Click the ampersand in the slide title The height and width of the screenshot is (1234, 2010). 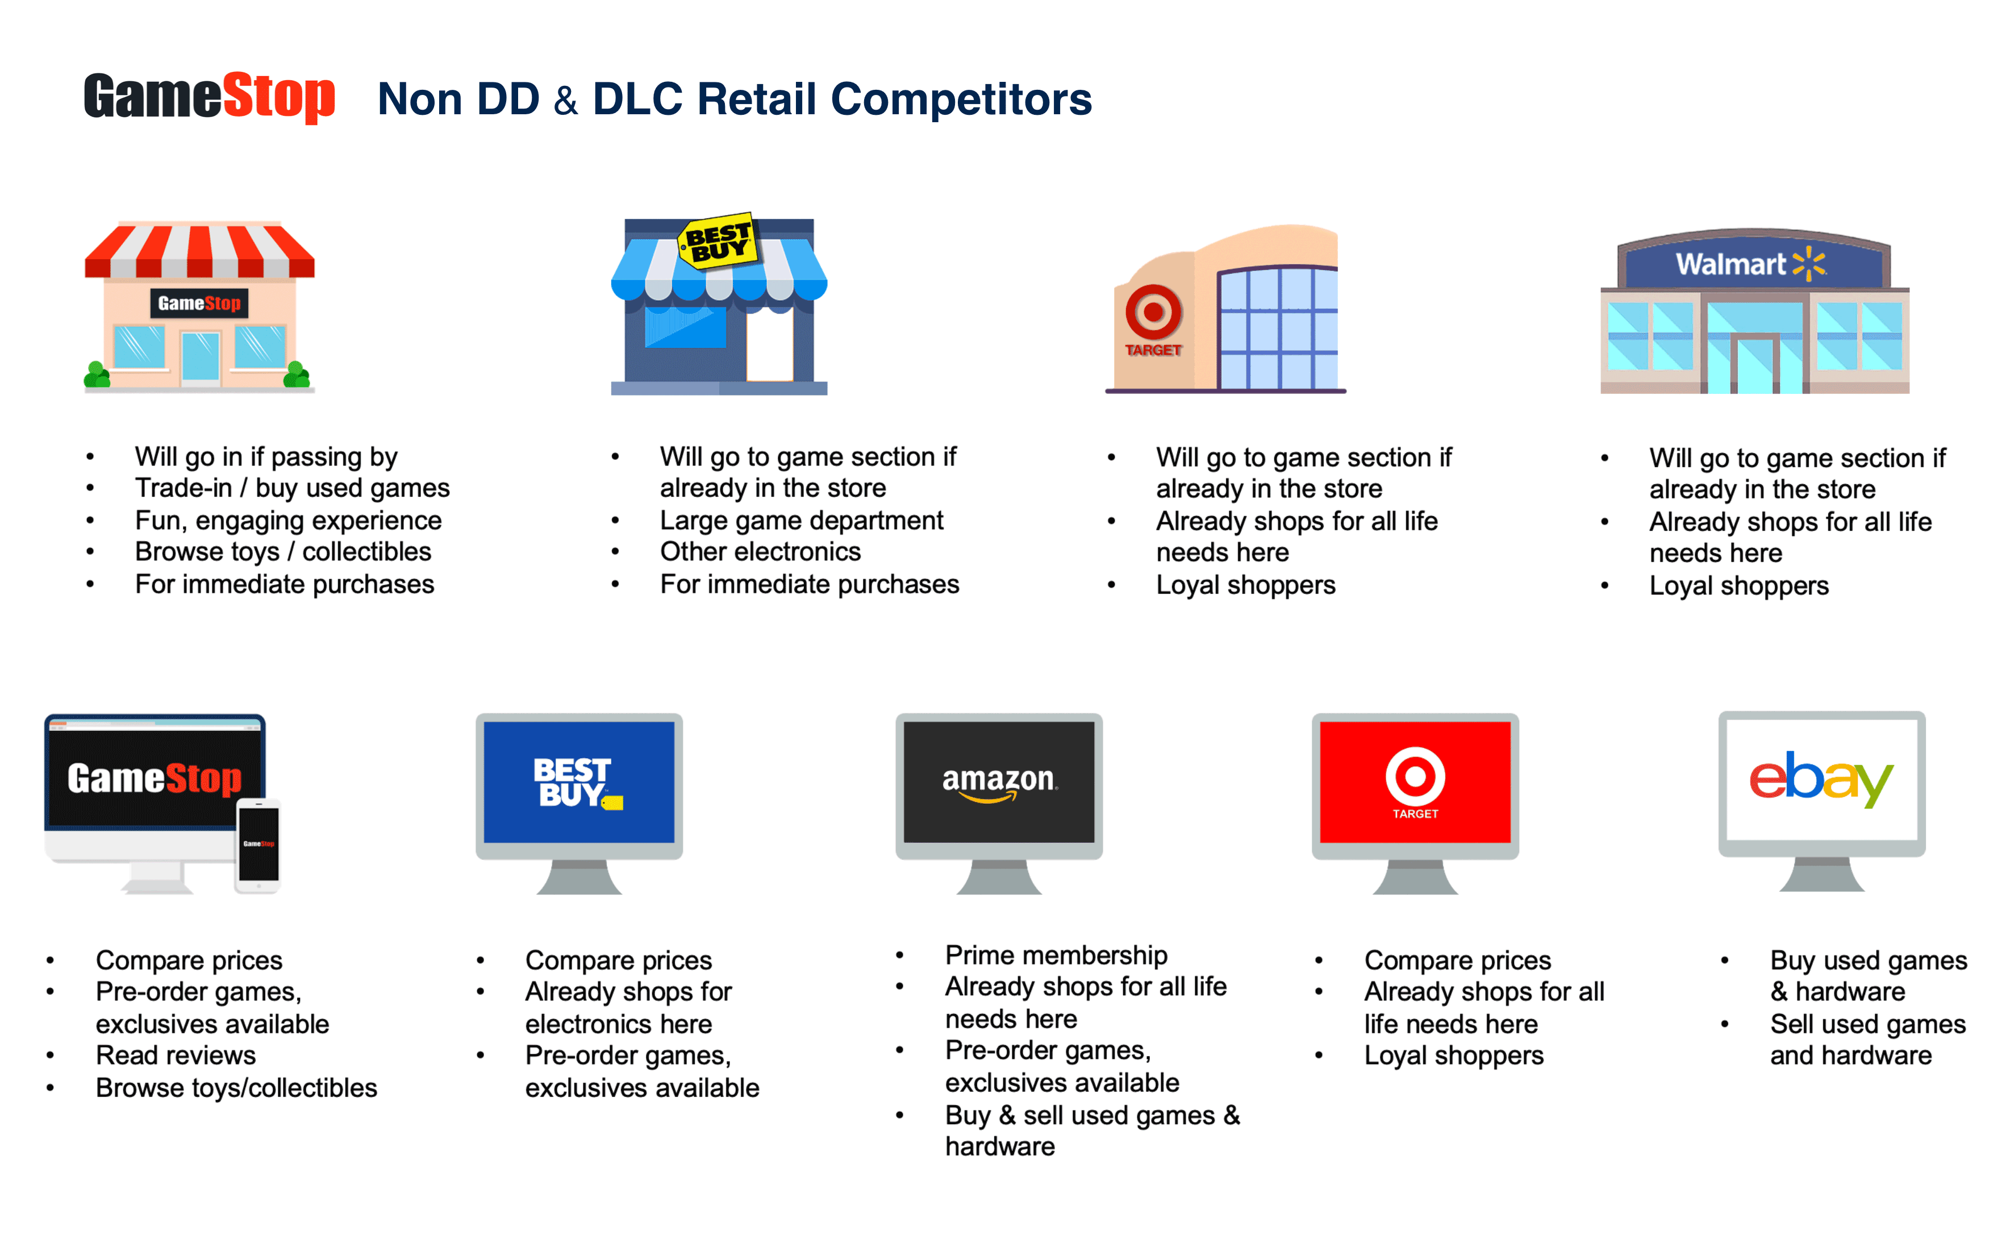565,101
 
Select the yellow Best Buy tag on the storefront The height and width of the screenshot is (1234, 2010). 718,242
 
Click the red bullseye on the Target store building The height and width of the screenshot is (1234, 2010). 1153,313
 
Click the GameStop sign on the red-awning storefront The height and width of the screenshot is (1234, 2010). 199,304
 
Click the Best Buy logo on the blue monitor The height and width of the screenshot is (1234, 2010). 578,783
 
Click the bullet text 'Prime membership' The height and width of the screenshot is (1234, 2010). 1056,955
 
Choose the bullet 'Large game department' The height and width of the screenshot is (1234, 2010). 801,520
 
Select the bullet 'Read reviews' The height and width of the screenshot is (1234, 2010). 176,1056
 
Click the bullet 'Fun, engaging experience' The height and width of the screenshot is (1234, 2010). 288,520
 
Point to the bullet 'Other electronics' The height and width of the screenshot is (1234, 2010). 760,552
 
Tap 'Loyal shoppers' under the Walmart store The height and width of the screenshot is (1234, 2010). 1738,586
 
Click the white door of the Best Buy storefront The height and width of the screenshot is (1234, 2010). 769,344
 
